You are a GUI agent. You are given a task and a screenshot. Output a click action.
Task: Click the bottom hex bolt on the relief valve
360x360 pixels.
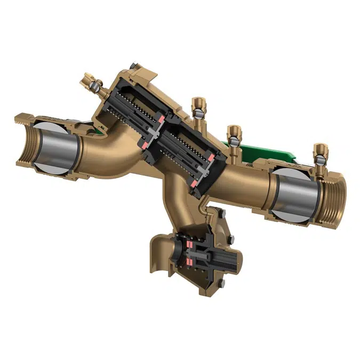[223, 283]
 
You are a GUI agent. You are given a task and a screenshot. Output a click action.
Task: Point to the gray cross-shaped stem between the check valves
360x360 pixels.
[160, 128]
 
